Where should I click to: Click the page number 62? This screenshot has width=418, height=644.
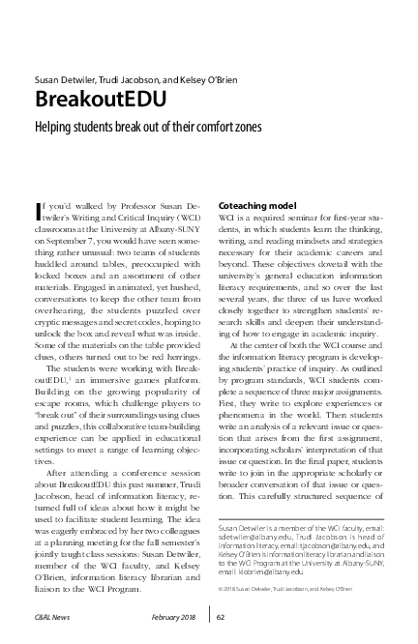pos(222,616)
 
